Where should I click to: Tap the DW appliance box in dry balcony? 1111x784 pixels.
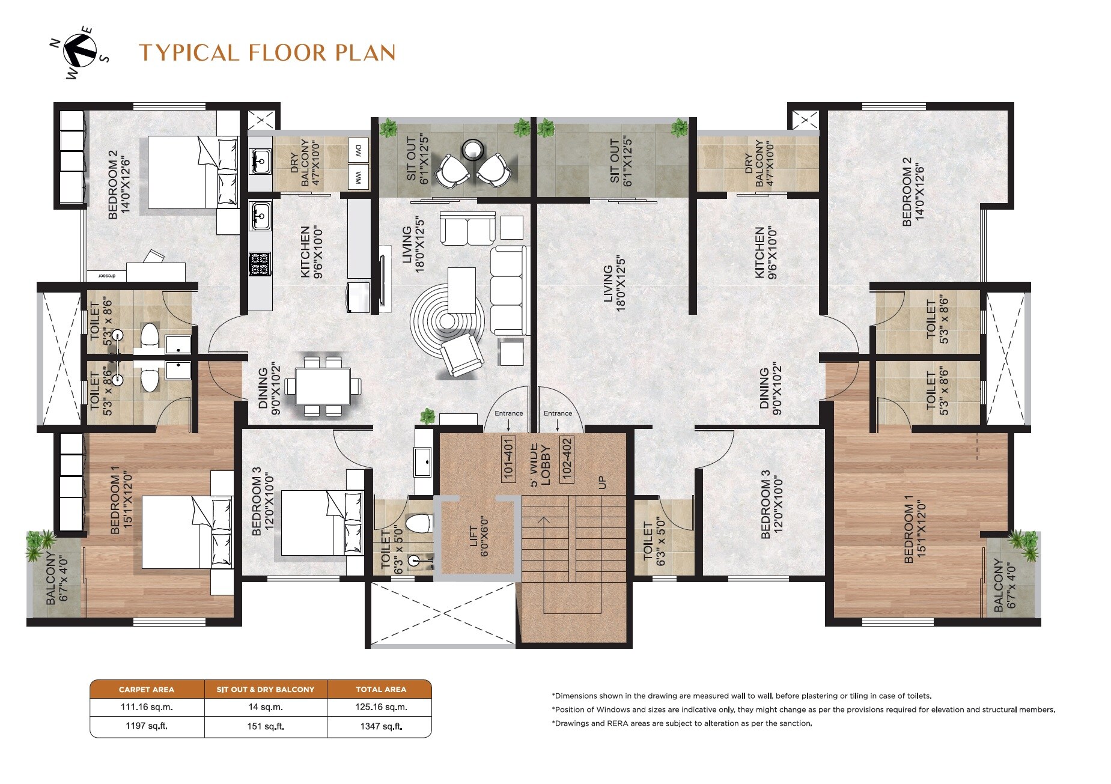click(358, 150)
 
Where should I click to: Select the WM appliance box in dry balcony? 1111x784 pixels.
click(358, 177)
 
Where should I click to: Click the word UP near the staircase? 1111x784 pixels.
click(603, 482)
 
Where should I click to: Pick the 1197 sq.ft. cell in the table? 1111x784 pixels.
click(147, 726)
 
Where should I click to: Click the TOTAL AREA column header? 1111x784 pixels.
click(380, 689)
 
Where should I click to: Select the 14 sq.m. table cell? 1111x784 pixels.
click(265, 707)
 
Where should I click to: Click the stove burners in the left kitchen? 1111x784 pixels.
click(260, 264)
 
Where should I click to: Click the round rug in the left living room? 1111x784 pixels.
click(446, 321)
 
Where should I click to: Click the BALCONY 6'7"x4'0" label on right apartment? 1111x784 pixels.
click(1003, 585)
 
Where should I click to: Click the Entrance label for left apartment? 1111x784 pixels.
click(508, 413)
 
